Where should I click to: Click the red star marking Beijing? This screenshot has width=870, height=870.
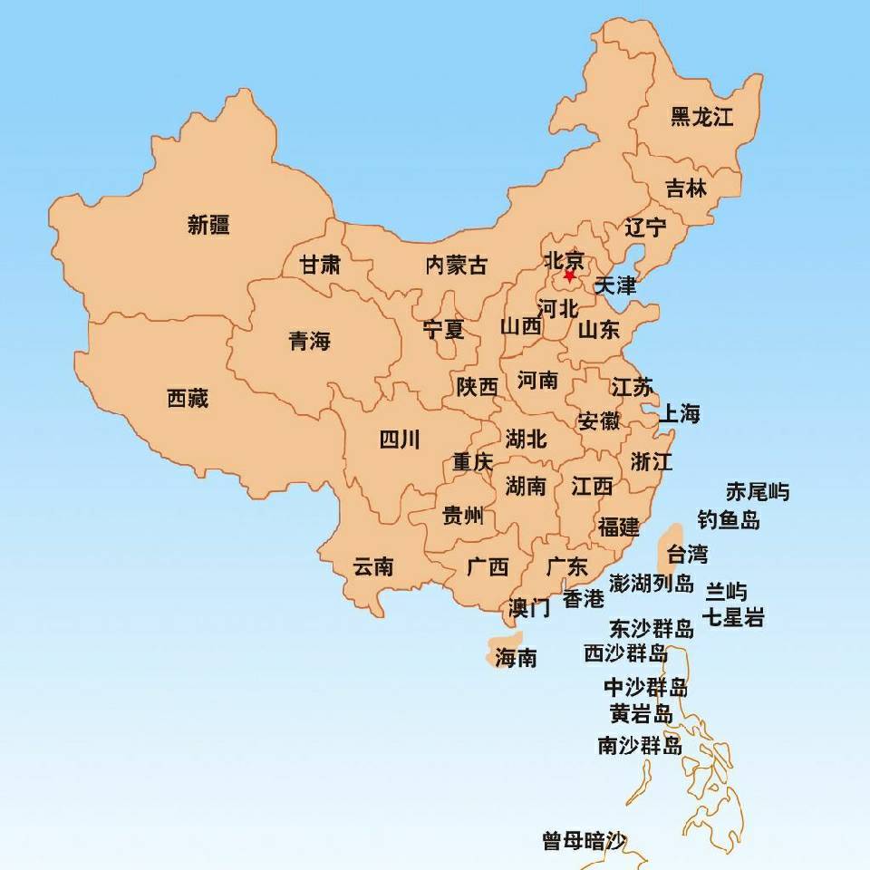(x=569, y=275)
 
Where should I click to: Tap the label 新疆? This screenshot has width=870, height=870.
(x=208, y=225)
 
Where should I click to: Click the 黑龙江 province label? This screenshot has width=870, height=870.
(x=701, y=117)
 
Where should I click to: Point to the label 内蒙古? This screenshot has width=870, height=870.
(x=456, y=265)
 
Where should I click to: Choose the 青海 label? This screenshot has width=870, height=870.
(x=310, y=342)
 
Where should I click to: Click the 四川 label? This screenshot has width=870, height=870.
(x=399, y=440)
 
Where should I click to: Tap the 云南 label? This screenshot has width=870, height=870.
(x=372, y=567)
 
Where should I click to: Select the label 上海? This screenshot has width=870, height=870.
(x=679, y=414)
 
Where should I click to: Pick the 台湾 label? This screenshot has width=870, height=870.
(x=687, y=553)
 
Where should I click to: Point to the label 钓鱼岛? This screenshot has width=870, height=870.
(x=729, y=519)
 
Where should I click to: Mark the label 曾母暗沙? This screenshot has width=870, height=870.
(x=585, y=841)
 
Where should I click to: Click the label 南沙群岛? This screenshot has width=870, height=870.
(x=640, y=746)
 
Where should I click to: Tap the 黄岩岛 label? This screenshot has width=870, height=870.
(x=642, y=714)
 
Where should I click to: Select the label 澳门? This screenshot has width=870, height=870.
(x=529, y=607)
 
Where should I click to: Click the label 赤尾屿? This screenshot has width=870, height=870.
(x=758, y=492)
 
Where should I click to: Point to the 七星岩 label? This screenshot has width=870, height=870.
(x=734, y=619)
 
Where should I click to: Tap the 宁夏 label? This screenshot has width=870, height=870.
(x=443, y=330)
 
